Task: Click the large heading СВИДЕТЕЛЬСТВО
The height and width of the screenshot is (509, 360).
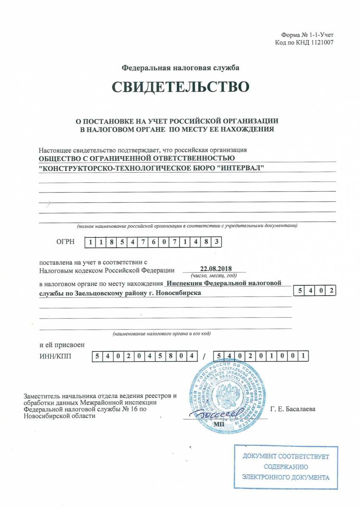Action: [x=180, y=87]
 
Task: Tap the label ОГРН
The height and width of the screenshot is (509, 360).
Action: [x=65, y=242]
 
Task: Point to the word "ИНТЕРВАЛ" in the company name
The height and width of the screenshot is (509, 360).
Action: [x=242, y=168]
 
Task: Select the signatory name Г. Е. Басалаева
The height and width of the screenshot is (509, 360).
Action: [x=292, y=409]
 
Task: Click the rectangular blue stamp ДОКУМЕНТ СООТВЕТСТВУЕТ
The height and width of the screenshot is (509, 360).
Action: [x=286, y=467]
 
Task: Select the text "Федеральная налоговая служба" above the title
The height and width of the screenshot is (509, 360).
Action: [x=180, y=68]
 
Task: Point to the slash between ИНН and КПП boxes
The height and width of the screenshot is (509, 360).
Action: [x=204, y=356]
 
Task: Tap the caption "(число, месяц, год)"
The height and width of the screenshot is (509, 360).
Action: [x=214, y=275]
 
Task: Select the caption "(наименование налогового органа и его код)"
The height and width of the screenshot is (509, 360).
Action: [x=162, y=333]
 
